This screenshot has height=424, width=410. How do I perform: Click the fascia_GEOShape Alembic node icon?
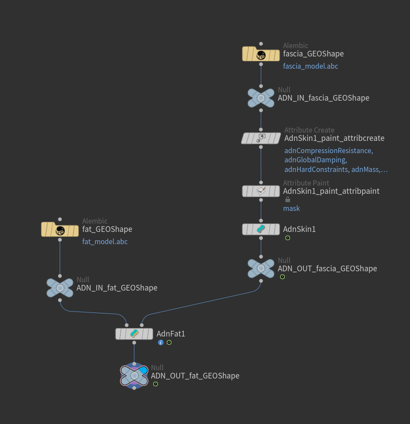point(261,55)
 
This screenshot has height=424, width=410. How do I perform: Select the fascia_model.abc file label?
point(310,67)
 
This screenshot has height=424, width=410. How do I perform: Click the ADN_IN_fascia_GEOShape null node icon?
point(261,98)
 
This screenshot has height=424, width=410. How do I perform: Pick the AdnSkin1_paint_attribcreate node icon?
point(261,138)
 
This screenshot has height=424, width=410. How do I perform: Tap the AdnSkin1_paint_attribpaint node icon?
point(261,191)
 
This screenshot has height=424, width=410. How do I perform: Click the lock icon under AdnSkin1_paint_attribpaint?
point(287,200)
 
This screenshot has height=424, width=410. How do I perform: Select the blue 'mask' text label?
point(291,208)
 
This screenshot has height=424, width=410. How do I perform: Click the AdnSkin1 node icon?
point(261,229)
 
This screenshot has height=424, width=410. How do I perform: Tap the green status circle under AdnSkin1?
point(287,238)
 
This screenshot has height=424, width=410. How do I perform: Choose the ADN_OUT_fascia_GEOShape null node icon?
point(261,268)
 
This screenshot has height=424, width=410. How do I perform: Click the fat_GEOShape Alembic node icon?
point(60,229)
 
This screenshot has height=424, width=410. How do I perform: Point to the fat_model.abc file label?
point(105,242)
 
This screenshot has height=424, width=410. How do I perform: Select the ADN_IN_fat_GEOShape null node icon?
point(60,288)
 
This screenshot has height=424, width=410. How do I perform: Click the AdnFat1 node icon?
point(134,334)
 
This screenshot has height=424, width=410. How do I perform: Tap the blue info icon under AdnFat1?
point(161,342)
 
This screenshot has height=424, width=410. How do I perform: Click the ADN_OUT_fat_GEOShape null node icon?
point(134,375)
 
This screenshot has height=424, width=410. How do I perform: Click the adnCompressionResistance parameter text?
point(328,151)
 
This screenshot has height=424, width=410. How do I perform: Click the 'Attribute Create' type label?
point(309,130)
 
